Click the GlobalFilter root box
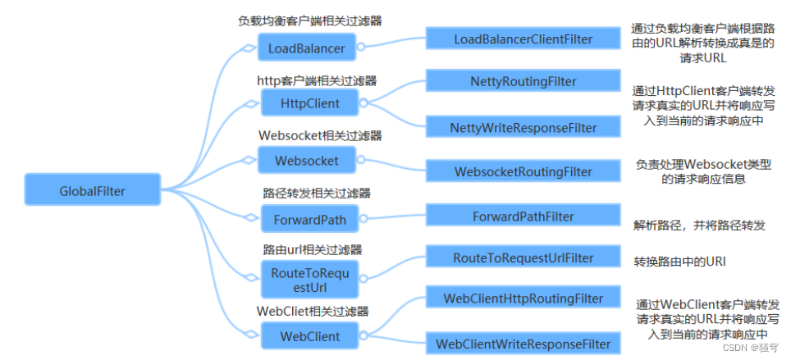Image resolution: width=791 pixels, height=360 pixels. coord(93,189)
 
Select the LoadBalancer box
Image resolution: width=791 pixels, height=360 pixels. coord(307,48)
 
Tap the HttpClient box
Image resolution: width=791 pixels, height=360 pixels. coord(309,104)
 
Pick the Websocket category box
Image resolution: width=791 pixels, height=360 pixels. coord(307,161)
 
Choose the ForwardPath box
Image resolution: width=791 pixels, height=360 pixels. coord(309,219)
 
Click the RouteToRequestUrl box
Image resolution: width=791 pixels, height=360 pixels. coord(309,280)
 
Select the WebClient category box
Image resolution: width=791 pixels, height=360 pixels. coord(309,335)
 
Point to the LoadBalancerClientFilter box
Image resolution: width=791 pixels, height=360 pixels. coord(524,39)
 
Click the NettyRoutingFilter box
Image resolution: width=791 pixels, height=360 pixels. coord(524,80)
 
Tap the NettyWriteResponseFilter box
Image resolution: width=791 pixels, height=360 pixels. coord(524,127)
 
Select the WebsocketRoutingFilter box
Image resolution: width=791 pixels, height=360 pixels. coord(524,171)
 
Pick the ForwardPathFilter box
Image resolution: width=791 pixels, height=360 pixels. coord(524,216)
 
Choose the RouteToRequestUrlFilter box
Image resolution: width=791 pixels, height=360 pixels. coord(524,257)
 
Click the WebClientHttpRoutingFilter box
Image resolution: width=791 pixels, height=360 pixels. coord(524,298)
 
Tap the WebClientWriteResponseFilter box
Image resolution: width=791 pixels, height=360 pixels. coord(524,344)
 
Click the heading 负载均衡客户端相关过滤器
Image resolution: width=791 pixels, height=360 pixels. coord(309,21)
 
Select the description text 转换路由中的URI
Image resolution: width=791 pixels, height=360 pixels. coord(679,262)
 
